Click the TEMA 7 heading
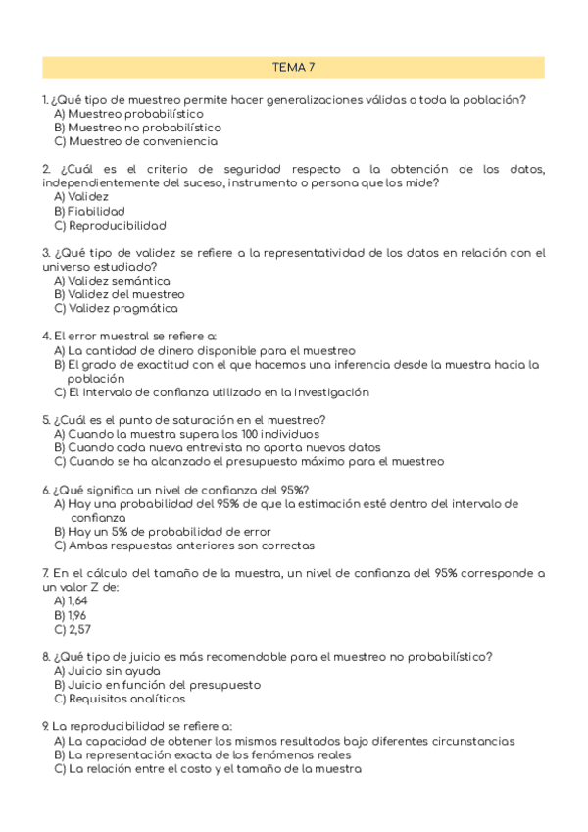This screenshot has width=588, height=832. click(x=293, y=67)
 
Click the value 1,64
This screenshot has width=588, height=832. click(x=78, y=601)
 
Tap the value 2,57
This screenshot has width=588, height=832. click(x=79, y=629)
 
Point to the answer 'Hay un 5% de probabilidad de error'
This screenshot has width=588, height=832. click(x=163, y=532)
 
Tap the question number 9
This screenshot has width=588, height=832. click(x=45, y=727)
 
